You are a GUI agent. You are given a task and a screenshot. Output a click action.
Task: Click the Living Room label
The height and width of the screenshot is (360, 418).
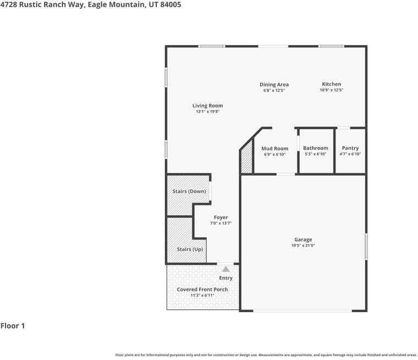[207, 106]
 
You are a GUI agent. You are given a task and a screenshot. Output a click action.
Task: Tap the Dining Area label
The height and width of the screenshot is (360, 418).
[274, 85]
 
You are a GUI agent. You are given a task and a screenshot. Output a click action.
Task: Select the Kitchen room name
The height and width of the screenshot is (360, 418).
[331, 84]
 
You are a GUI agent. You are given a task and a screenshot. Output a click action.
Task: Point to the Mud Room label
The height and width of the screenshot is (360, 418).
[274, 149]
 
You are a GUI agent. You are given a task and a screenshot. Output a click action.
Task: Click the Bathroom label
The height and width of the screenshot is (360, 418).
[315, 148]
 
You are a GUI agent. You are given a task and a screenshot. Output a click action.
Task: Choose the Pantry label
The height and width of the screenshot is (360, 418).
[350, 148]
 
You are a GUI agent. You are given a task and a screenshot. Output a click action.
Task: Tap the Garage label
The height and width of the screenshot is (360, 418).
[303, 239]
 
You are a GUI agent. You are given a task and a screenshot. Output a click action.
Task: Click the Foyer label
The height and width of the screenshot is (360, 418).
[221, 217]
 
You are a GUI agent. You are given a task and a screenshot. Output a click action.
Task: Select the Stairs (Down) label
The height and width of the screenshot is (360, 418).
[189, 192]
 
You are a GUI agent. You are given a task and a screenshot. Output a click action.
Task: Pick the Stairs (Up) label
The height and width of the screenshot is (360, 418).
[190, 249]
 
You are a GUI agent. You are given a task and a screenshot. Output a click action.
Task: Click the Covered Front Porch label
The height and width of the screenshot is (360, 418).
[202, 290]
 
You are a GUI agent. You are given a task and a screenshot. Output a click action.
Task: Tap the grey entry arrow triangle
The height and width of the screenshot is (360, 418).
[226, 269]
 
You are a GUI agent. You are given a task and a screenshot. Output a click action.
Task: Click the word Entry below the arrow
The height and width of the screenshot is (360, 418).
[226, 278]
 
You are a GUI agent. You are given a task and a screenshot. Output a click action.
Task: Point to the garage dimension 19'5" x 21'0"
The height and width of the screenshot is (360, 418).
[303, 246]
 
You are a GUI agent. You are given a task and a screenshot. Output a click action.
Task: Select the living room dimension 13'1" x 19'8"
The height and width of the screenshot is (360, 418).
[207, 112]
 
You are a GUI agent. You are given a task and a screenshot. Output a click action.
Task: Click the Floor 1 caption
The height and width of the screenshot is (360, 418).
[13, 326]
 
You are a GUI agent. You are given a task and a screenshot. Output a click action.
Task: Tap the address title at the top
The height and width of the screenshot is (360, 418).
[91, 4]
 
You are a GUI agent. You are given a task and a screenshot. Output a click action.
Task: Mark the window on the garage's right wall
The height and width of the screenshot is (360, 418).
[366, 247]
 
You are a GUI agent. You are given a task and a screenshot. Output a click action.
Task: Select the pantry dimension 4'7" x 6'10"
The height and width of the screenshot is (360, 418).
[350, 154]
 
